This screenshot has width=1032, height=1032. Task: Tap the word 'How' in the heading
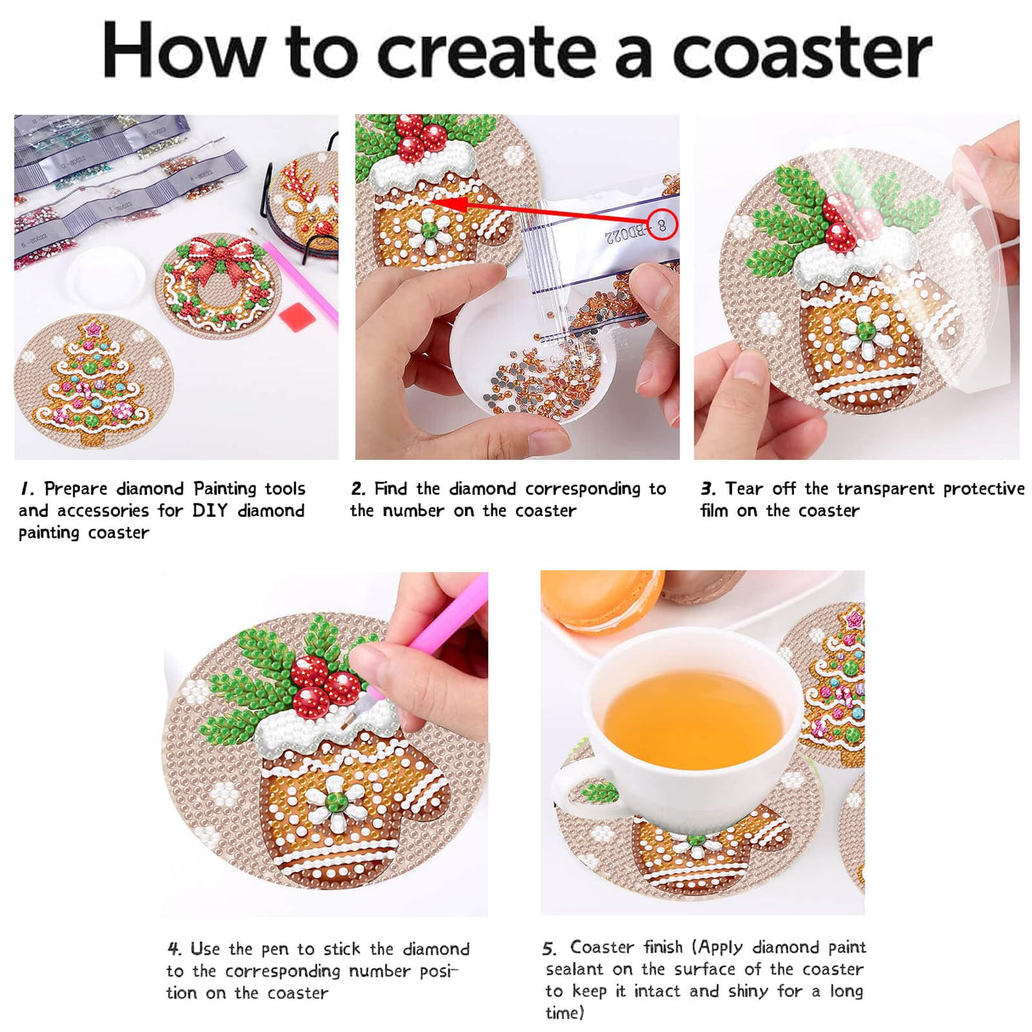tap(184, 52)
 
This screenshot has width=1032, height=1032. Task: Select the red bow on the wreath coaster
tap(220, 254)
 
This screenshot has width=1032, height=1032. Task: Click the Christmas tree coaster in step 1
tap(93, 381)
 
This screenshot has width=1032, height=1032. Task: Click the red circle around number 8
tap(661, 225)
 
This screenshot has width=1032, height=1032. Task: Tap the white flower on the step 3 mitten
tap(865, 331)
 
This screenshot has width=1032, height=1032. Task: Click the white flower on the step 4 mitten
tap(336, 801)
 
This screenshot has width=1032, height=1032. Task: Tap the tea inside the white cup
tap(694, 719)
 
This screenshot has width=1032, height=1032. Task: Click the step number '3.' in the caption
tap(708, 489)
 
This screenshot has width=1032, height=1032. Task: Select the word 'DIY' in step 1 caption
tap(209, 511)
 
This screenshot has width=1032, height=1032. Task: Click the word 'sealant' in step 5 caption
tap(576, 970)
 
